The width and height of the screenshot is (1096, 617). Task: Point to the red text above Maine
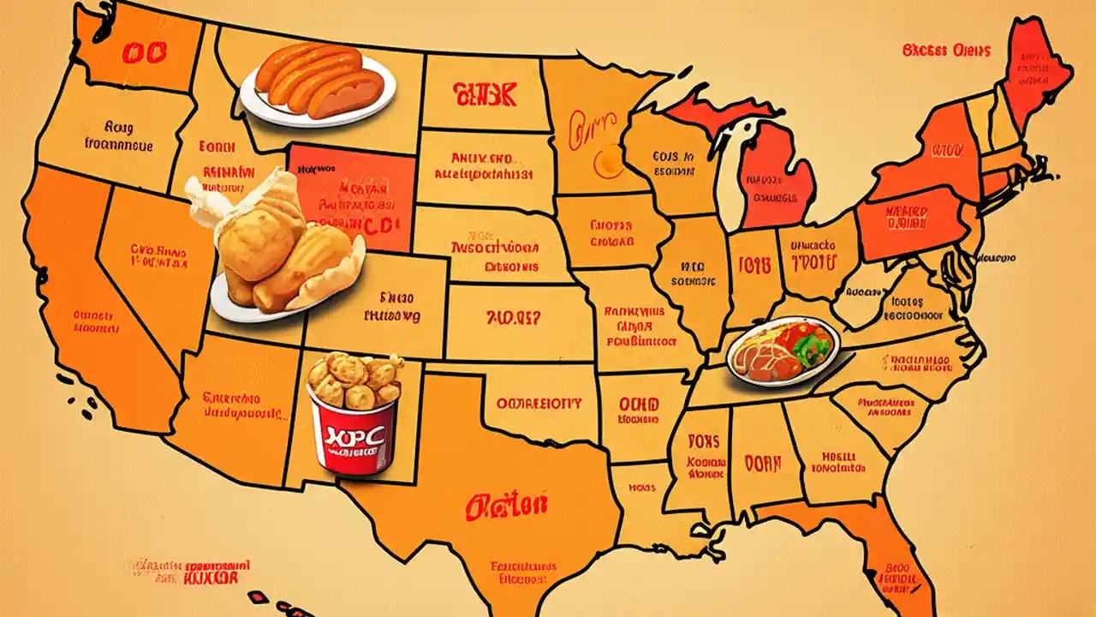(x=946, y=51)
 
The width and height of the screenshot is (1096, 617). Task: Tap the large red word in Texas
(x=506, y=506)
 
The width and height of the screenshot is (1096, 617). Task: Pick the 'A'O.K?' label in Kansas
(x=514, y=319)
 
